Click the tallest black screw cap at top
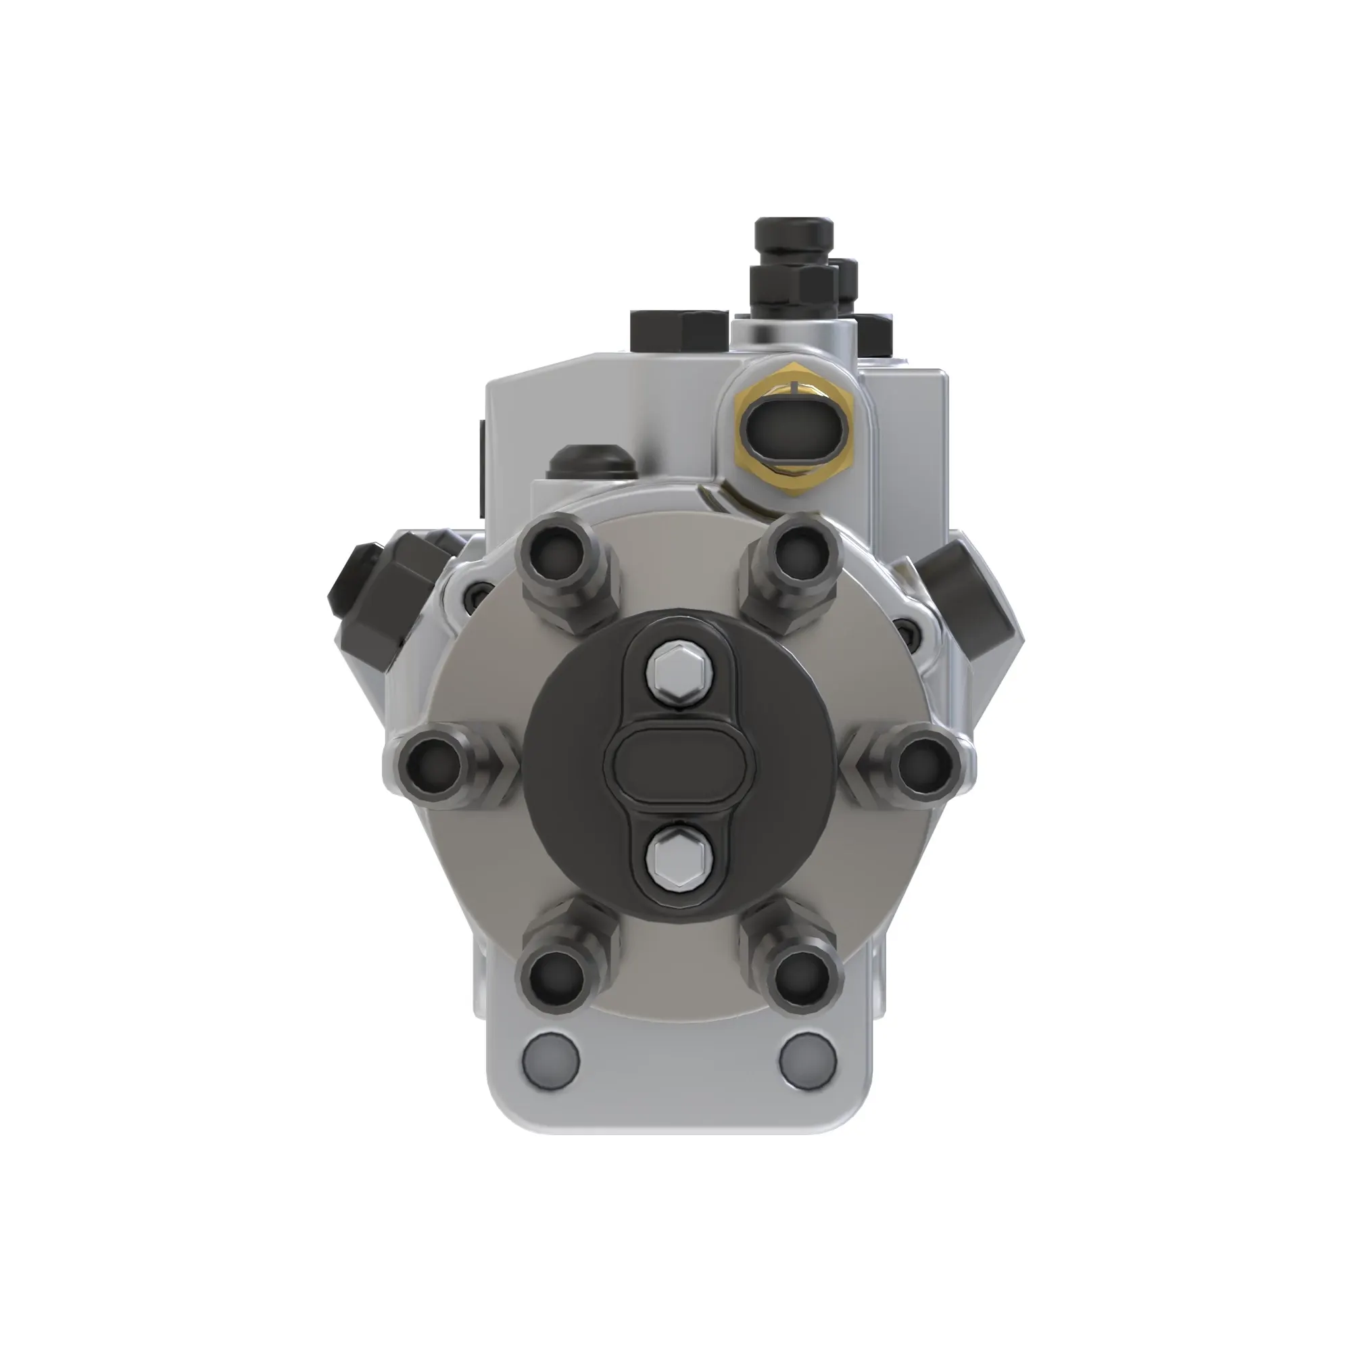(x=794, y=239)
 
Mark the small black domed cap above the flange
(x=590, y=462)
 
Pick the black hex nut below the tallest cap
(x=794, y=287)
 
